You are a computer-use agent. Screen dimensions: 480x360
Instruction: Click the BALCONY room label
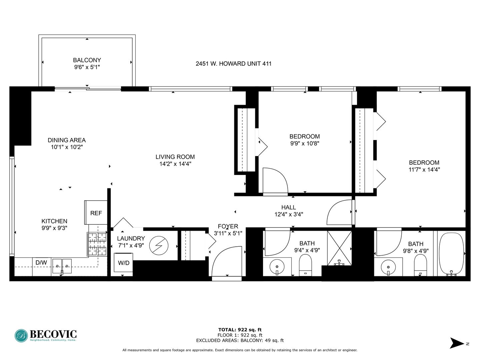point(87,60)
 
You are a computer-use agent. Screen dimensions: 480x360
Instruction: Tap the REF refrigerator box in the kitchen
point(96,212)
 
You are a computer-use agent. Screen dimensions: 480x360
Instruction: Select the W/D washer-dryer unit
point(123,263)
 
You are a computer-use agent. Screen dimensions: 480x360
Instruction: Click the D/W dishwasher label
point(41,262)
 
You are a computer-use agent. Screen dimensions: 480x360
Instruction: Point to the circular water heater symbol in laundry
point(159,245)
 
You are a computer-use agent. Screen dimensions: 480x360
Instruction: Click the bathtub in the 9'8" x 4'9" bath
point(452,253)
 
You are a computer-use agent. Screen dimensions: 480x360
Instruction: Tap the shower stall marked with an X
point(339,248)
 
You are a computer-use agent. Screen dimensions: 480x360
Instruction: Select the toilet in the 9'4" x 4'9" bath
point(305,265)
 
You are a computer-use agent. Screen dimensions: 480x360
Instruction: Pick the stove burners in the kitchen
point(97,244)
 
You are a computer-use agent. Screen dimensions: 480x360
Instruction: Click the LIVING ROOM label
point(175,157)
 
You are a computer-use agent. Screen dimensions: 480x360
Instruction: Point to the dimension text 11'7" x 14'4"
point(424,169)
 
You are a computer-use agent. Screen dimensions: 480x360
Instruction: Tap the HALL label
point(289,207)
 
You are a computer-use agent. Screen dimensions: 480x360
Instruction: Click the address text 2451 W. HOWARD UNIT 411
point(234,64)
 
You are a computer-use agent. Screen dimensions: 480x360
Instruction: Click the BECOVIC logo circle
point(21,336)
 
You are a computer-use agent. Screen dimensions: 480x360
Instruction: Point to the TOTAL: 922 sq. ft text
point(240,330)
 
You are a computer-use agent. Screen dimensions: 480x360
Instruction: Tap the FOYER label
point(228,226)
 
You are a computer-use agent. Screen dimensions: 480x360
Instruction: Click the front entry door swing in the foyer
point(227,261)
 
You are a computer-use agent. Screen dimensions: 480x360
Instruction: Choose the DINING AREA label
point(67,140)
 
